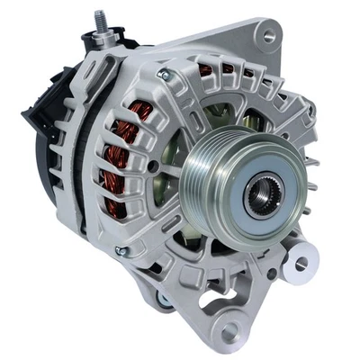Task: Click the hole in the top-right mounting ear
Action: click(x=265, y=35)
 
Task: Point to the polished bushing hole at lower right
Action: click(x=301, y=263)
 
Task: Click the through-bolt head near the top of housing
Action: click(x=163, y=75)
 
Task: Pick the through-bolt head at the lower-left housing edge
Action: click(x=120, y=251)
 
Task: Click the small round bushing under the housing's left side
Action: click(x=163, y=298)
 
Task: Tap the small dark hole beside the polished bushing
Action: click(x=271, y=274)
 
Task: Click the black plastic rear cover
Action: click(x=40, y=135)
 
